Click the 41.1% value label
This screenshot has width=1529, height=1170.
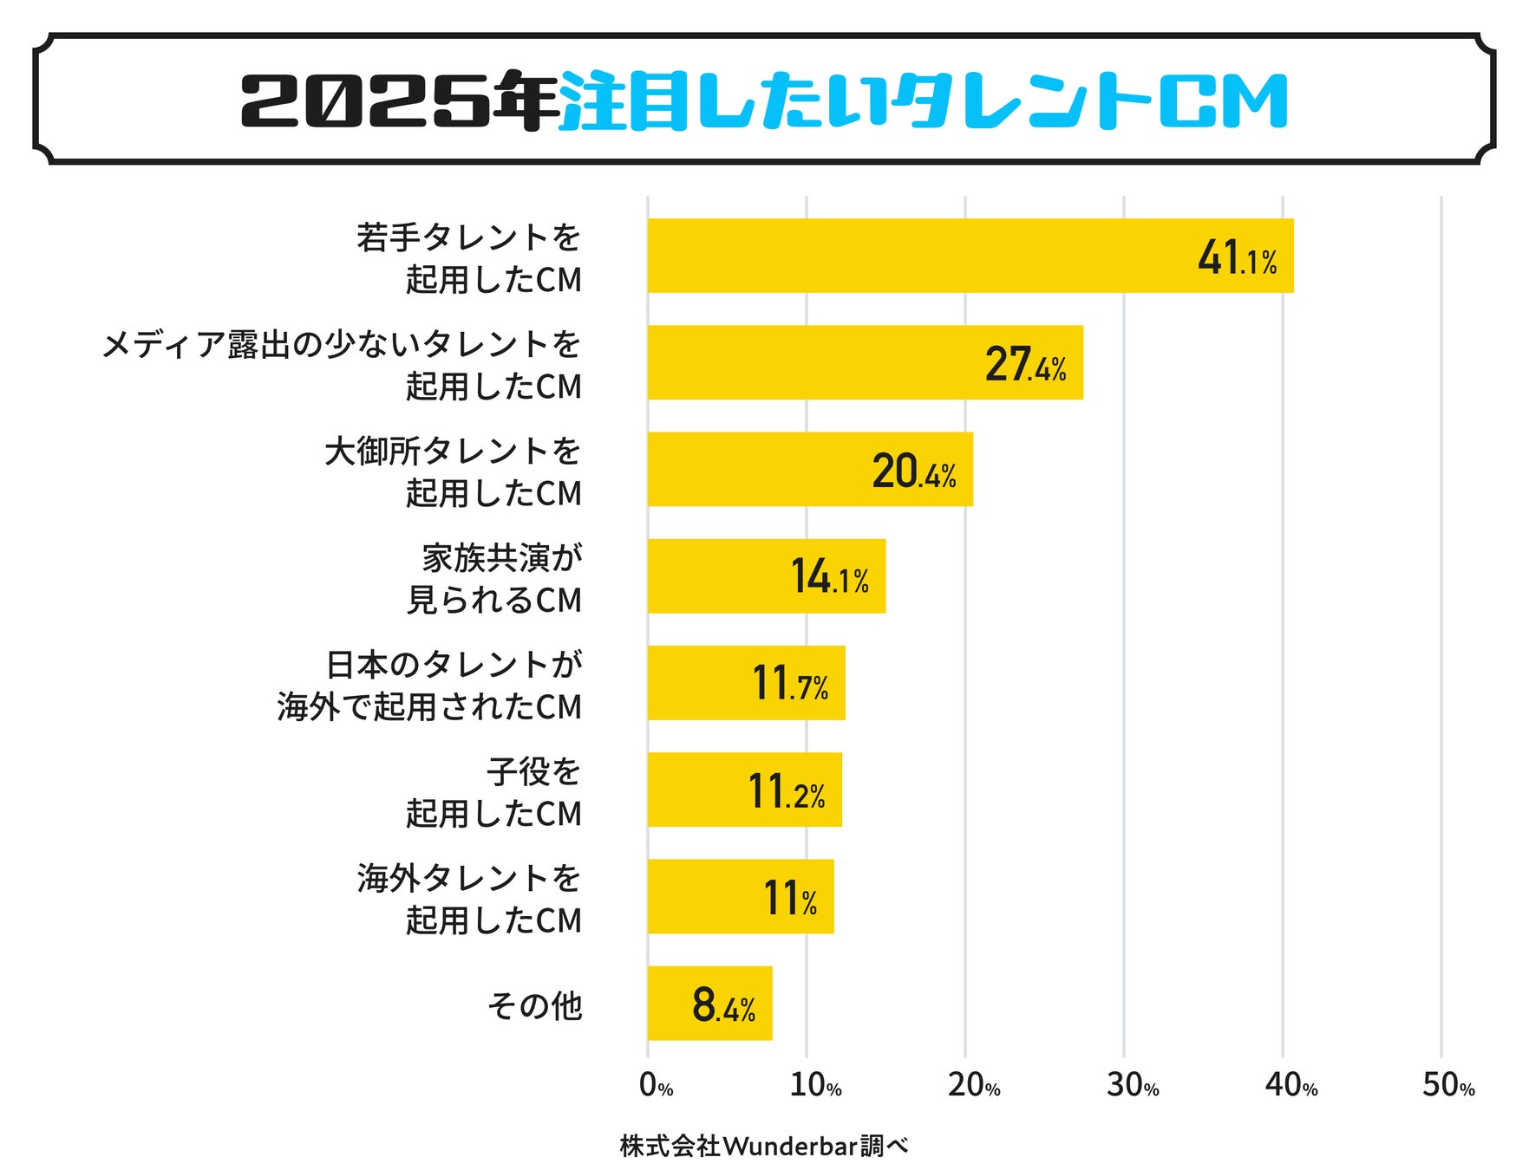tap(1237, 257)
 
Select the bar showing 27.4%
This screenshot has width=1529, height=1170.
tap(865, 362)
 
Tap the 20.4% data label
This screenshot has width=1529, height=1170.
tap(914, 471)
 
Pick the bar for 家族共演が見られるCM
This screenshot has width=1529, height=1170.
tap(766, 576)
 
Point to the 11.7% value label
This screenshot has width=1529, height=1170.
tap(790, 683)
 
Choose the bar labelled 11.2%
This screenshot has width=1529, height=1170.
tap(744, 790)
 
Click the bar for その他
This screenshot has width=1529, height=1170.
tap(709, 1004)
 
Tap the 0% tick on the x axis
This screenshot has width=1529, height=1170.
tap(656, 1085)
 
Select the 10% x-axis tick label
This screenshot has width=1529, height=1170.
tap(815, 1085)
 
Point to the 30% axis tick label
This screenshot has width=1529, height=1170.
tap(1133, 1085)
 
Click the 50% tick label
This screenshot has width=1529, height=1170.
tap(1448, 1085)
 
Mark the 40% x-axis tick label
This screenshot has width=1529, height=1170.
tap(1291, 1085)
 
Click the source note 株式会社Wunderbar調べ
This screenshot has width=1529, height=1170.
tap(764, 1146)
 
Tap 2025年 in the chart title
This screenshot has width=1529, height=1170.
tap(399, 101)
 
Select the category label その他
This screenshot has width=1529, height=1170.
tap(534, 1005)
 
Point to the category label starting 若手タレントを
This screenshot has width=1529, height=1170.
tap(468, 258)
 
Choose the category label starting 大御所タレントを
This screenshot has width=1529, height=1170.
tap(453, 472)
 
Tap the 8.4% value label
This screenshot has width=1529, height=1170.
tap(723, 1005)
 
